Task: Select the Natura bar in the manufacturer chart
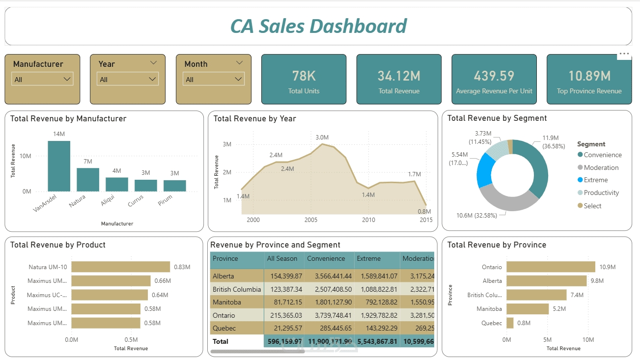(88, 179)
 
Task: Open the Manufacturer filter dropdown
(42, 79)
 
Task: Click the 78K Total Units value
(304, 76)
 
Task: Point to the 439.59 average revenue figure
(494, 76)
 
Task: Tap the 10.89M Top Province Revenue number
(589, 76)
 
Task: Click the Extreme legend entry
(595, 180)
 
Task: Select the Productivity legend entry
(601, 193)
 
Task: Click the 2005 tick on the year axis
(311, 220)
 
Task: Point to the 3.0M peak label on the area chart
(322, 138)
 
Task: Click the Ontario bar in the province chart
(551, 267)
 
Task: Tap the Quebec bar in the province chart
(510, 323)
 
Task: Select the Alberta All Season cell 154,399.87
(284, 276)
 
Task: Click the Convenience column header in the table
(326, 258)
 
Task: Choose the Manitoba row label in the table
(226, 302)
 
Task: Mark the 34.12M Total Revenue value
(399, 76)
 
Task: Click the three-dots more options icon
(624, 54)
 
